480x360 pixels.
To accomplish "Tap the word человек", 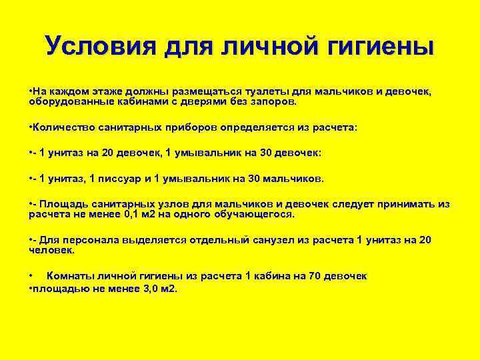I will tap(51, 251).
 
